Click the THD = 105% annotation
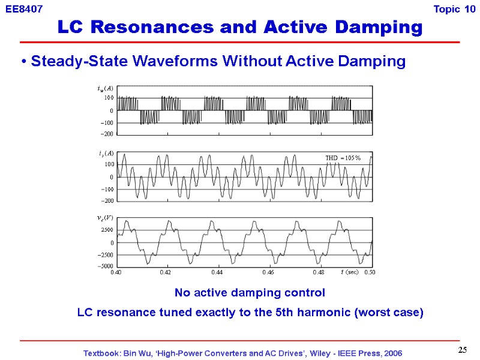[343, 158]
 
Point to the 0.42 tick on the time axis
[166, 272]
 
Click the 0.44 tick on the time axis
[217, 272]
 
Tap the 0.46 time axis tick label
[268, 272]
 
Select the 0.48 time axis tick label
[319, 272]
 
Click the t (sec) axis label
[349, 272]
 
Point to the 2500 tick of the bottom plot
[107, 230]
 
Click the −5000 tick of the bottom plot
[105, 266]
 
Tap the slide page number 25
[462, 350]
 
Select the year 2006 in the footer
[391, 352]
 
